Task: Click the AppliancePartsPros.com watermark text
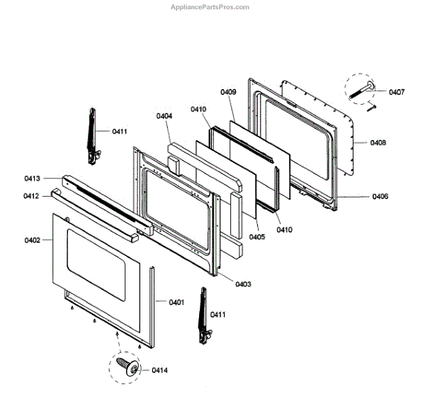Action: click(x=210, y=7)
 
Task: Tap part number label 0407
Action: click(x=397, y=92)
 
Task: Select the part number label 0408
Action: click(x=378, y=143)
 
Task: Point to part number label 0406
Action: click(x=380, y=197)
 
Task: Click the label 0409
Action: click(x=228, y=92)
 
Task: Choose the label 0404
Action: click(x=164, y=115)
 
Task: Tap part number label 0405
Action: click(x=256, y=237)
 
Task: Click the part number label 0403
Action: click(x=243, y=284)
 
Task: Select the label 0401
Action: click(x=176, y=302)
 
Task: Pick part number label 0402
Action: click(x=32, y=241)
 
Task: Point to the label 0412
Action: click(x=32, y=196)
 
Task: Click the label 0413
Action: click(x=32, y=178)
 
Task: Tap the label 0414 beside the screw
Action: click(x=159, y=370)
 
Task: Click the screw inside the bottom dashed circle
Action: click(x=130, y=366)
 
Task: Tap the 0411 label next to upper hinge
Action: click(x=120, y=132)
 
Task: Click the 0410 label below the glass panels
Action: click(x=284, y=229)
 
